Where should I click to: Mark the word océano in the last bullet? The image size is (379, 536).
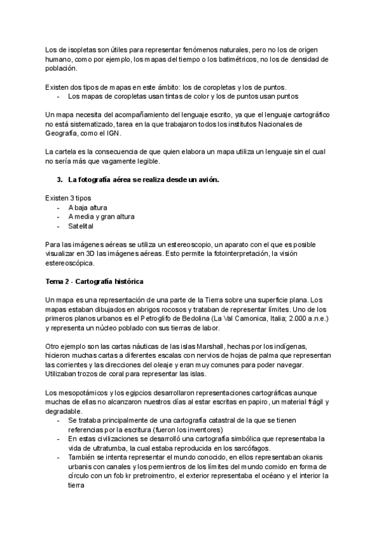coord(282,475)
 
